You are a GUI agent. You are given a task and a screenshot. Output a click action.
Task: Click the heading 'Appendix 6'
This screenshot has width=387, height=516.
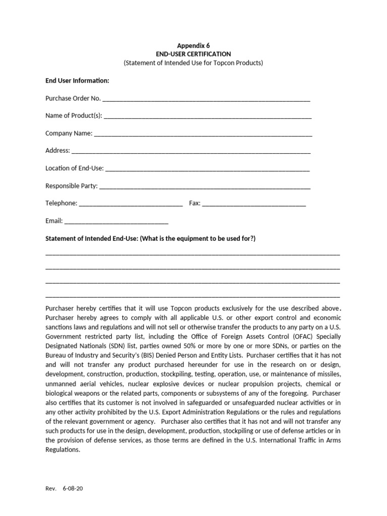pos(193,45)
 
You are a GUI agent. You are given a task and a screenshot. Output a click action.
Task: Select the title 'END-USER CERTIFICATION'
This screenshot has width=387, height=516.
pos(193,54)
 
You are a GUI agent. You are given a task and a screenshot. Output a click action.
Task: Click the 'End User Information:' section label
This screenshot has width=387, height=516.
pos(77,81)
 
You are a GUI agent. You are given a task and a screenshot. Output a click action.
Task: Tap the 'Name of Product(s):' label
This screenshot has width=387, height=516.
pos(74,115)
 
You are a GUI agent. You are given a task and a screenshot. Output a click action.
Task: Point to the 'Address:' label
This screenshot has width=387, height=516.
pos(57,151)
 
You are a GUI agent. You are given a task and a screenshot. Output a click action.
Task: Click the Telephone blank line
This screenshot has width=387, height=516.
pos(131,205)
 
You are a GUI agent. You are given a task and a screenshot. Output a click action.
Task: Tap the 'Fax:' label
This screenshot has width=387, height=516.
pos(195,203)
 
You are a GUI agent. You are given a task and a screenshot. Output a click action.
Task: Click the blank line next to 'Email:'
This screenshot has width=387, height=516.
pos(116,222)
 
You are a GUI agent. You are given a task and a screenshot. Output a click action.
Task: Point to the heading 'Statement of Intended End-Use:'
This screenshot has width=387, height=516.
pos(91,238)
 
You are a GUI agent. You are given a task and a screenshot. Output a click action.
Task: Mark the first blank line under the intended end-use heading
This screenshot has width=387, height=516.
pos(192,255)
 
